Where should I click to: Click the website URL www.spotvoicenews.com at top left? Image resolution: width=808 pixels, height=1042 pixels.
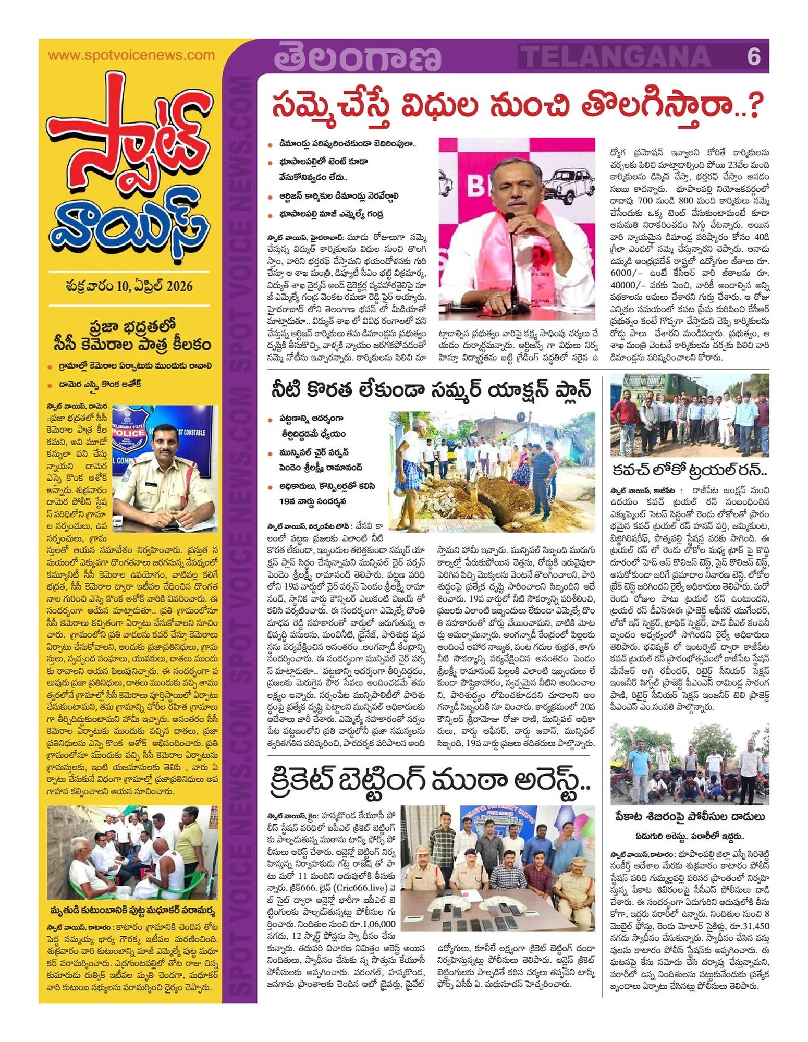(x=131, y=55)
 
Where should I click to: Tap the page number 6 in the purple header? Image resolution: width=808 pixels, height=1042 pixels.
(x=753, y=56)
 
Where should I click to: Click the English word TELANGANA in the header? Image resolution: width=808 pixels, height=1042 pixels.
(x=616, y=56)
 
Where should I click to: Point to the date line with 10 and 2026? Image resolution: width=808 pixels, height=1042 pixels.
(x=129, y=286)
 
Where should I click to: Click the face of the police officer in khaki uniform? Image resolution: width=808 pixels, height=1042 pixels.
(x=168, y=443)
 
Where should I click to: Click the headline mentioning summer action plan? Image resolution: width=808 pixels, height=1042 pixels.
(x=431, y=390)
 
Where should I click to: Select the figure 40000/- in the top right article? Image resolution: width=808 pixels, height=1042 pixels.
(x=629, y=285)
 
